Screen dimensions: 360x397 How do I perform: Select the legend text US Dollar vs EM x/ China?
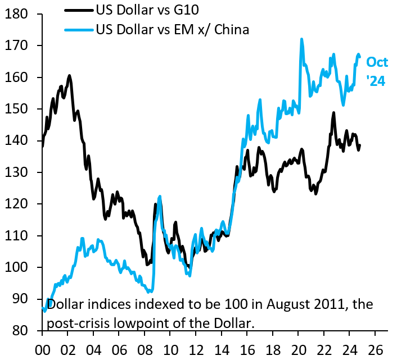click(172, 29)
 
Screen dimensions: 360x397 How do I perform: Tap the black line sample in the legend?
click(79, 10)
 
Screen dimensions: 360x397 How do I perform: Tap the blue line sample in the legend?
click(79, 29)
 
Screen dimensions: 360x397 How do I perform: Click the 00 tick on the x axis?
click(42, 348)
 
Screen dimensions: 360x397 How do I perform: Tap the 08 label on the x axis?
click(144, 348)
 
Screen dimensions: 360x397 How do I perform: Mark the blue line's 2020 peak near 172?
click(301, 39)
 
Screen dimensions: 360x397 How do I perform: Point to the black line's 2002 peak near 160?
click(69, 75)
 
